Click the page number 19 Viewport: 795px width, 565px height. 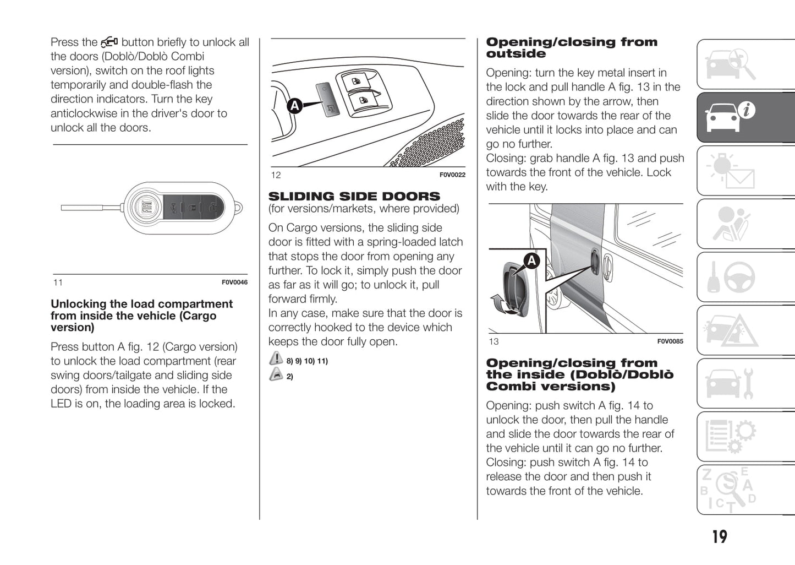719,536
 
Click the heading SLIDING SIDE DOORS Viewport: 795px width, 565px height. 354,197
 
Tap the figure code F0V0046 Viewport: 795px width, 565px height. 234,282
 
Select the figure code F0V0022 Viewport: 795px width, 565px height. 452,175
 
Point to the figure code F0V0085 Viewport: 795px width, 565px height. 670,341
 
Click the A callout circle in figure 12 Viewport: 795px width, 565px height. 295,105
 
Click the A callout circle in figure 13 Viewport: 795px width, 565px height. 531,260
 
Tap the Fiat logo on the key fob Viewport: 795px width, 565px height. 147,208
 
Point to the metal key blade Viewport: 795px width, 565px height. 83,208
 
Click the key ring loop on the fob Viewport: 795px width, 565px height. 238,208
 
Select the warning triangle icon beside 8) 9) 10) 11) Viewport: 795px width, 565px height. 276,359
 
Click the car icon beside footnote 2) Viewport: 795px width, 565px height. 276,375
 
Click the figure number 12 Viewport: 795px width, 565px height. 276,175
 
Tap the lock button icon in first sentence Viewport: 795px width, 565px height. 109,42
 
